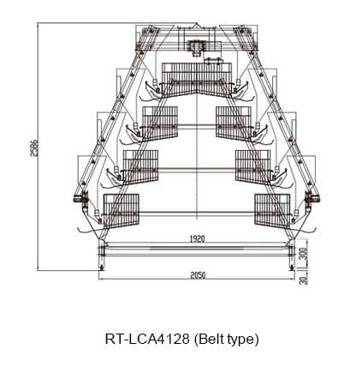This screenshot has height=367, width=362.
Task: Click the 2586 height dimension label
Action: [34, 147]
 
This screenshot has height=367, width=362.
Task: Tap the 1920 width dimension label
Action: [197, 239]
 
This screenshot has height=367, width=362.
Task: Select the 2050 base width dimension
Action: [198, 275]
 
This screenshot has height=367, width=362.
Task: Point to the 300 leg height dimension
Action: [305, 254]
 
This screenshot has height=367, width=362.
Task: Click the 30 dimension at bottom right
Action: [305, 280]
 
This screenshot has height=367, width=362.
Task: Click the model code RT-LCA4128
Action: [147, 340]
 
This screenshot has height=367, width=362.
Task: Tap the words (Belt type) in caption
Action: [226, 340]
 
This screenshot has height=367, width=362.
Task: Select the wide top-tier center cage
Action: [197, 80]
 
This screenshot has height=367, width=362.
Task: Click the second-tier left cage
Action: [160, 123]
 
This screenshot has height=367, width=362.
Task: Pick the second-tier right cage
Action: [234, 123]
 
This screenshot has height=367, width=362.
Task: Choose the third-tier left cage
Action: [140, 167]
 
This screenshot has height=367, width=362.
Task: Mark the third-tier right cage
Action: [252, 167]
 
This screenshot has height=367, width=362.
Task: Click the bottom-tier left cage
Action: [121, 210]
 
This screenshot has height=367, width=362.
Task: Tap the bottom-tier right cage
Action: [272, 210]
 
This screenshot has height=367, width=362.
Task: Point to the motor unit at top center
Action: [197, 47]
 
